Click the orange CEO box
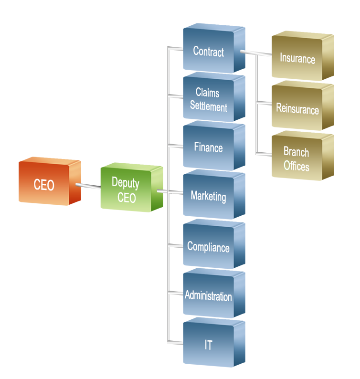(x=50, y=181)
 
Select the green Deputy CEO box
(x=132, y=187)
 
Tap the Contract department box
(x=214, y=48)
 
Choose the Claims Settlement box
(x=214, y=97)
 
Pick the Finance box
(x=214, y=146)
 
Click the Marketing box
(x=214, y=195)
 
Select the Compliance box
(x=214, y=244)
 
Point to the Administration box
(x=214, y=293)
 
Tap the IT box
(x=214, y=343)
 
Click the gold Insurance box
(x=303, y=56)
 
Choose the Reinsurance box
(x=303, y=105)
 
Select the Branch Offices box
(x=303, y=156)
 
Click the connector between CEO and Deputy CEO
(x=88, y=186)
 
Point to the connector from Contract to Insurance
(x=256, y=53)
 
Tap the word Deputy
(x=126, y=183)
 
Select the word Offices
(x=296, y=166)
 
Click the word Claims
(x=207, y=93)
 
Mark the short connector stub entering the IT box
(x=175, y=342)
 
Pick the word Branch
(x=296, y=152)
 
